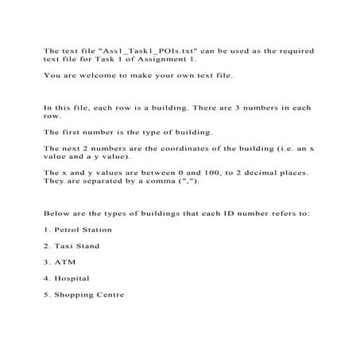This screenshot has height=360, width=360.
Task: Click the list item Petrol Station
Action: click(x=84, y=230)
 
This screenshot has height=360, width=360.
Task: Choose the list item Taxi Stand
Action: click(x=78, y=246)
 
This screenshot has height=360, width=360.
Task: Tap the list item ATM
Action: click(x=64, y=261)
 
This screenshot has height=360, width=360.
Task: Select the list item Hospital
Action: click(x=72, y=278)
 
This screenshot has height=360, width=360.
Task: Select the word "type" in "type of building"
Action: click(x=155, y=131)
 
